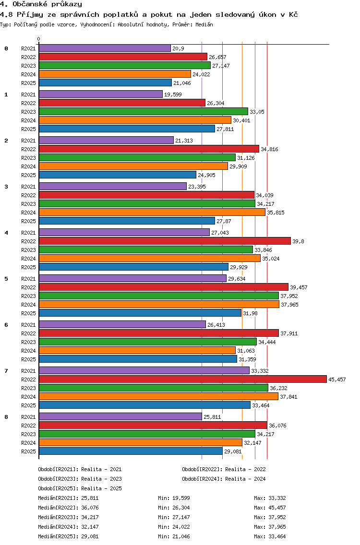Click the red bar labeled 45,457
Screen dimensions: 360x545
point(182,379)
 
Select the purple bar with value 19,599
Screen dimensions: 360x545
point(100,94)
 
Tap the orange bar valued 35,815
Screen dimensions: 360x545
point(152,213)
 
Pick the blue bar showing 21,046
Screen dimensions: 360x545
point(105,83)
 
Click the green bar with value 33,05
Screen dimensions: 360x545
point(144,112)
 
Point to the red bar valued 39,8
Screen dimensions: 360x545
point(165,241)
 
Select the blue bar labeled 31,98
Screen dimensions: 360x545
point(140,313)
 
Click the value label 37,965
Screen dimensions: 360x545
point(289,305)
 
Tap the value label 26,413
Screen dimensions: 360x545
point(216,325)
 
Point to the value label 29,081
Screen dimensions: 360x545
point(233,451)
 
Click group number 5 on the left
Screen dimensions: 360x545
point(6,279)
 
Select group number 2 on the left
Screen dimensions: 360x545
point(6,141)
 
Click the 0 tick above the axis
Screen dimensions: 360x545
point(38,39)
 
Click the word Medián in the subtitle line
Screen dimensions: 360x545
point(204,24)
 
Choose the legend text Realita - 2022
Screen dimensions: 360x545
point(245,469)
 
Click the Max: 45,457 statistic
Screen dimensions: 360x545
point(270,508)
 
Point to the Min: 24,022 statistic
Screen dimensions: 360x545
point(174,527)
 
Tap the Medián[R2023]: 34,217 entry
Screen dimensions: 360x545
point(68,517)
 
